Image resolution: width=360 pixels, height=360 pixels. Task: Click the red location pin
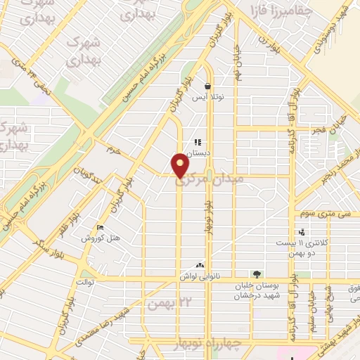pyautogui.click(x=181, y=165)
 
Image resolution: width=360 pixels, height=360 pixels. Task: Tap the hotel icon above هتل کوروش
pyautogui.click(x=100, y=227)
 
